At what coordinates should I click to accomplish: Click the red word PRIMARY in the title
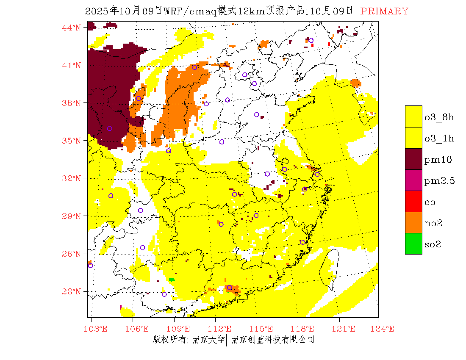[384, 11]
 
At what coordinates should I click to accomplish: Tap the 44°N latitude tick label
[71, 28]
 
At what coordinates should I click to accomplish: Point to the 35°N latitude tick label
[71, 141]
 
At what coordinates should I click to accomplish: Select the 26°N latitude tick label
[71, 254]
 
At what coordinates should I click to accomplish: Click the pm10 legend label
[438, 160]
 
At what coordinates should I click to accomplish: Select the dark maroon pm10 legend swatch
[413, 159]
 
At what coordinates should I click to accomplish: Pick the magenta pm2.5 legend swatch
[413, 180]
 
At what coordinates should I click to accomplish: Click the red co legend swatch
[413, 201]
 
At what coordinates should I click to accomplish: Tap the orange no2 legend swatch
[413, 222]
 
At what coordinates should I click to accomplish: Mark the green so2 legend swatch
[413, 244]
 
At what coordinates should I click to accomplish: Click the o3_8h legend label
[439, 117]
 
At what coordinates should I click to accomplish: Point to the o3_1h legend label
[439, 138]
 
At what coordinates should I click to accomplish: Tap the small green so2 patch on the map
[172, 280]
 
